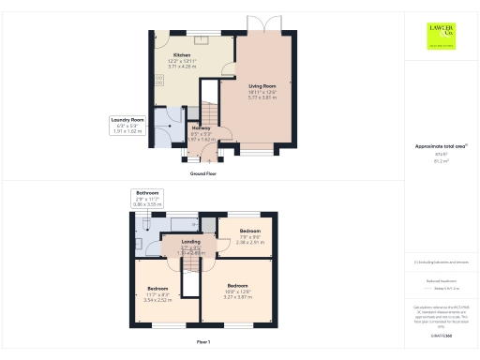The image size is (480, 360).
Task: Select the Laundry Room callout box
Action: [x=126, y=126]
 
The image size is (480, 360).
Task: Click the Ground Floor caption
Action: [x=203, y=173]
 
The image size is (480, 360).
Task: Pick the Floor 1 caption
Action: [x=203, y=342]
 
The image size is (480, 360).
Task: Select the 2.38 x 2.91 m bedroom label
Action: [x=249, y=234]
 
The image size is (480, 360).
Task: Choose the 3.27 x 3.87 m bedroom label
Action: [x=236, y=290]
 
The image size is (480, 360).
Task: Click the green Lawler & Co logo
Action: [x=442, y=36]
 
